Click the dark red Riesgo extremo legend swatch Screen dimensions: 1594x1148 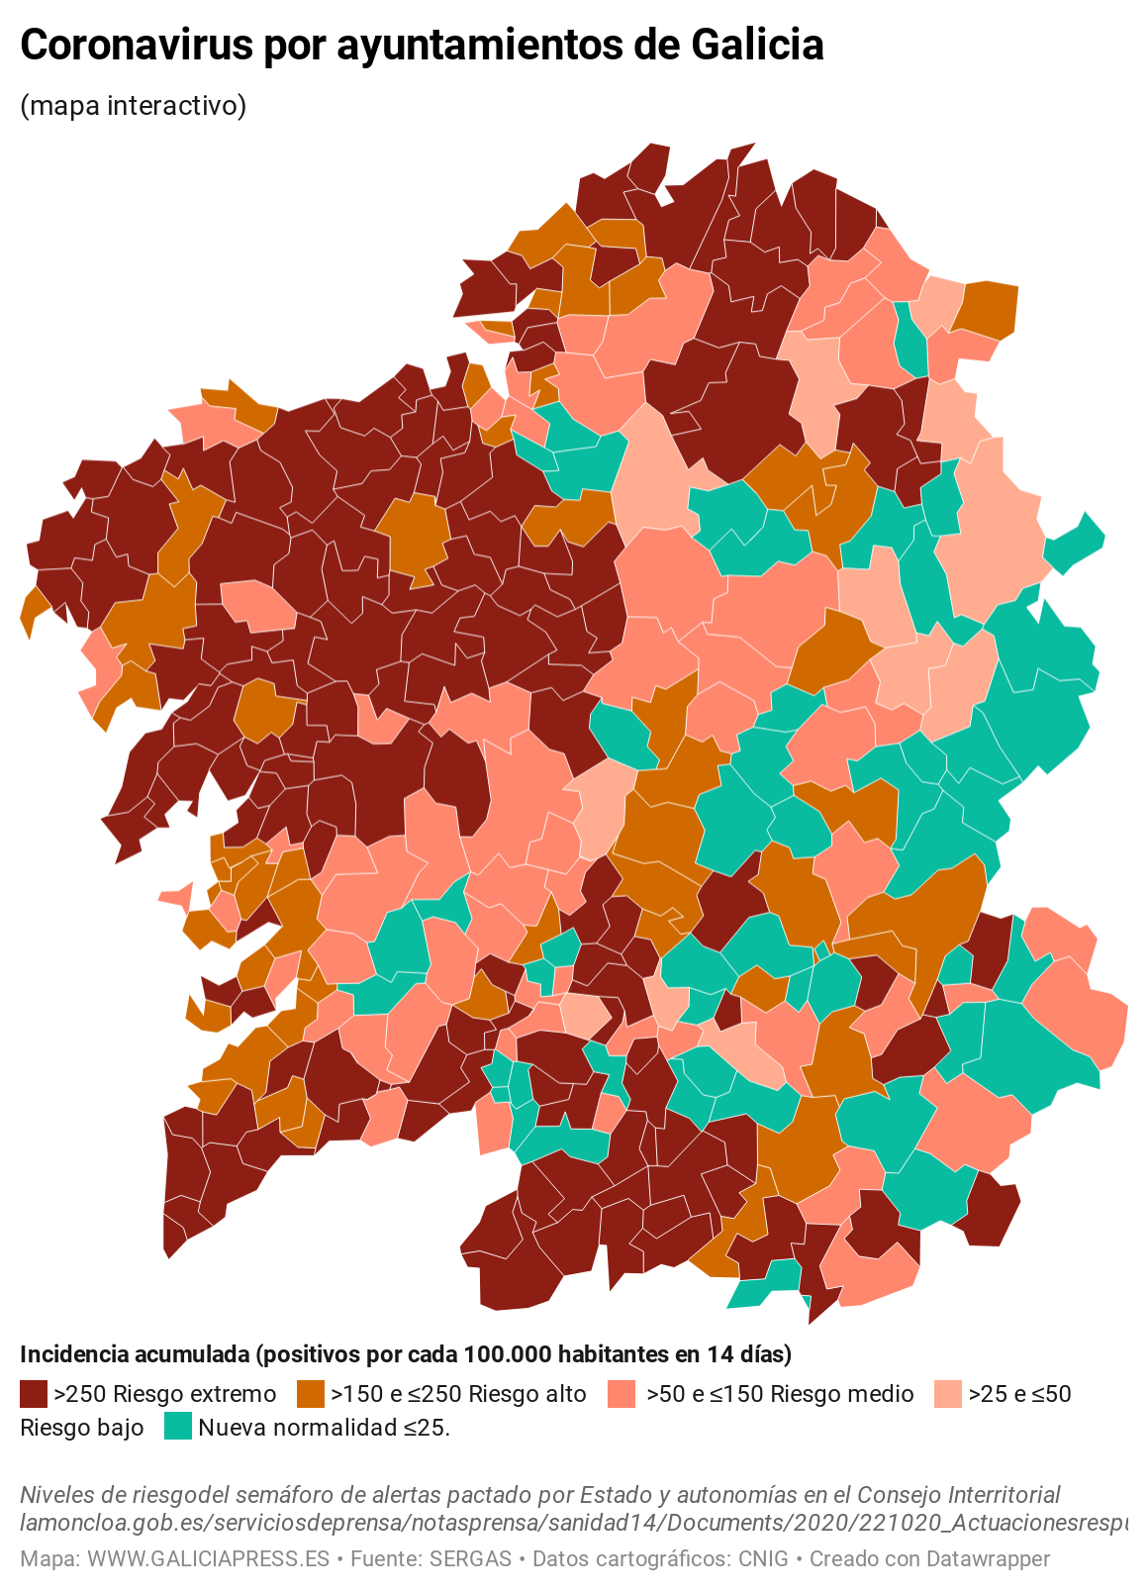coord(34,1394)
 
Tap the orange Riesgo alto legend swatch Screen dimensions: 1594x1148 coord(311,1394)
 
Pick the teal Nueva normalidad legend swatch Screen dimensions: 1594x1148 coord(178,1427)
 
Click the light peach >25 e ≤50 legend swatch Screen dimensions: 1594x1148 coord(947,1394)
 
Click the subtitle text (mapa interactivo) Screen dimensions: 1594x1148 coord(133,105)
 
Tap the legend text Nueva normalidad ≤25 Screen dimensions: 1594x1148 coord(324,1427)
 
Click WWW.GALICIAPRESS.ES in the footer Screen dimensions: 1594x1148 coord(208,1558)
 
